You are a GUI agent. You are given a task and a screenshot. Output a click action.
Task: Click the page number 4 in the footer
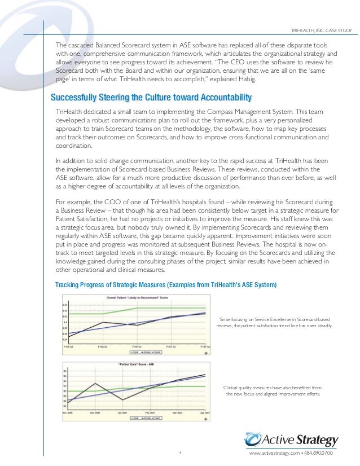click(179, 452)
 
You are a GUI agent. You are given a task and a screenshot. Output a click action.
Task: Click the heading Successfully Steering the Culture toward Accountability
click(151, 96)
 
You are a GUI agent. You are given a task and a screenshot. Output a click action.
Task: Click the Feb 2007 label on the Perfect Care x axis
click(150, 413)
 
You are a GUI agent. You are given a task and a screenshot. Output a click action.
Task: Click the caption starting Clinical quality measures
click(273, 390)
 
